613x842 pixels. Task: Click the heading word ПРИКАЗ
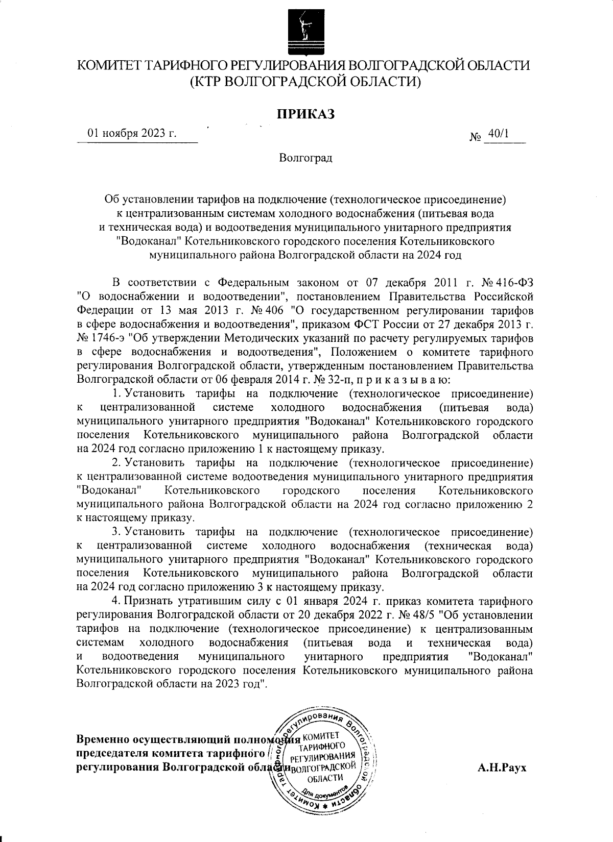[305, 114]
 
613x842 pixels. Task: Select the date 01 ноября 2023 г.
[132, 134]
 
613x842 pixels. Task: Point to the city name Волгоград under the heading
[305, 158]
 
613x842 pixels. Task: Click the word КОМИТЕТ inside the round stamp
[321, 736]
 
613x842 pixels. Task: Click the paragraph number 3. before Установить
[116, 532]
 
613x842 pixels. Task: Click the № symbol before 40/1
[475, 137]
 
